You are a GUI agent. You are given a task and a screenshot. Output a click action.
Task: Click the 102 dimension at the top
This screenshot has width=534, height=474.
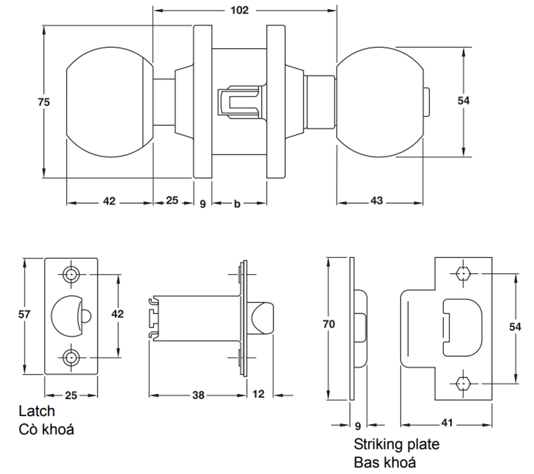[x=240, y=10]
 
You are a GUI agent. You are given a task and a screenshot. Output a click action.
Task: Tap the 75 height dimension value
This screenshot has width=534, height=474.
[x=44, y=102]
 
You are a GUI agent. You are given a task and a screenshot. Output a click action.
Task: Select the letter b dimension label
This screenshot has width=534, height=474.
[x=237, y=204]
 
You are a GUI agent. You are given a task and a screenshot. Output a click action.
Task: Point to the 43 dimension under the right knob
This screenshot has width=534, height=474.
[x=377, y=201]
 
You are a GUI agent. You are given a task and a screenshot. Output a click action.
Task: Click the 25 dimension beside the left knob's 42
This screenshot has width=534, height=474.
[x=172, y=200]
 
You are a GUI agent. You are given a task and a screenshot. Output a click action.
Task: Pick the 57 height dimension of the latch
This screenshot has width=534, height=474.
[x=24, y=314]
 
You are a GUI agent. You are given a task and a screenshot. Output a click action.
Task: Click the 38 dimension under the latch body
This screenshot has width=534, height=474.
[x=198, y=395]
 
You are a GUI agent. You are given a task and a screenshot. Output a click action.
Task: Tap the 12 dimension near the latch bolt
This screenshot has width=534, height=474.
[x=259, y=394]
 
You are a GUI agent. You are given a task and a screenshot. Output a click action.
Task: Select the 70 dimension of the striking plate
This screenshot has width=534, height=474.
[x=329, y=324]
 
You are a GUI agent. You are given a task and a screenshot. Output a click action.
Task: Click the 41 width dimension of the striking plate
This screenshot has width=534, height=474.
[x=447, y=423]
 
